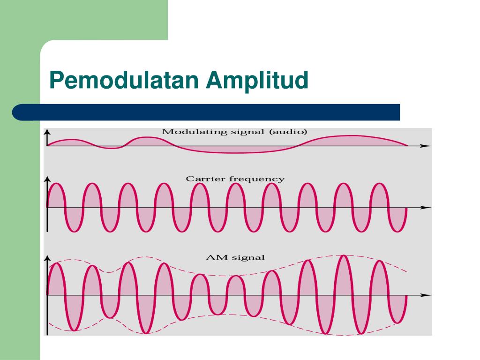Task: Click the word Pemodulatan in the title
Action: (124, 80)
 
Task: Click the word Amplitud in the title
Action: (257, 81)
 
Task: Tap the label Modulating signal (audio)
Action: (234, 132)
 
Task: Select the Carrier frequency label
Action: (235, 179)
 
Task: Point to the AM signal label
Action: (235, 257)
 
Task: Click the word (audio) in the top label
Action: (288, 132)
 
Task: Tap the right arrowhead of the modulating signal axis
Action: (426, 146)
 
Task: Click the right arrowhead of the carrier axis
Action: (426, 208)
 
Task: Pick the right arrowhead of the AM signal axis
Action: (426, 295)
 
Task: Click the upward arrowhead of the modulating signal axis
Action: (47, 132)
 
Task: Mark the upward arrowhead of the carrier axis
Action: (47, 180)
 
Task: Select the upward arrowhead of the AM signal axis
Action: (47, 259)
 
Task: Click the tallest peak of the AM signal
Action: (344, 256)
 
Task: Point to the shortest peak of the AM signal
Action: (236, 277)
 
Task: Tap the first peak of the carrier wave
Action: (56, 184)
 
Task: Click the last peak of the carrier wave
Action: (380, 184)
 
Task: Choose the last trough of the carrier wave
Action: (397, 231)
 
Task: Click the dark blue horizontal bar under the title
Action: (206, 112)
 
